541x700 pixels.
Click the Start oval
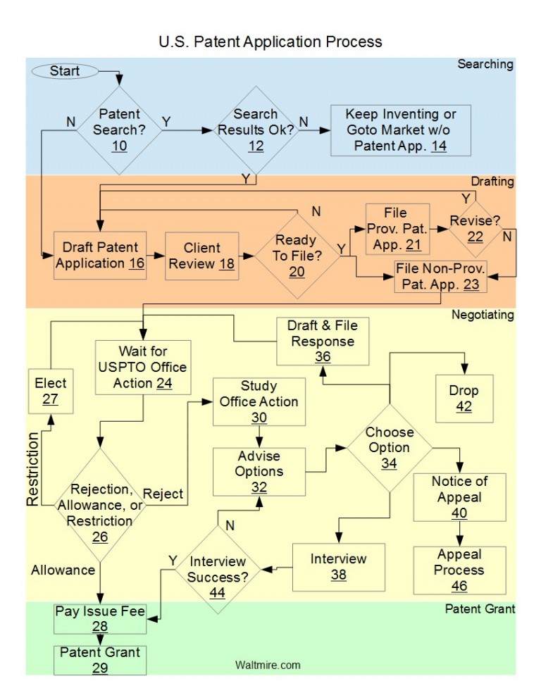click(x=64, y=70)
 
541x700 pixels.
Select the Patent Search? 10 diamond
click(x=119, y=130)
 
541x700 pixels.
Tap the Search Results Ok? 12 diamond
click(x=256, y=130)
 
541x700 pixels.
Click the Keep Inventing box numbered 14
click(x=401, y=130)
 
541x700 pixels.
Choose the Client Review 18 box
click(x=202, y=256)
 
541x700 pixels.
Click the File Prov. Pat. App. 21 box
click(x=396, y=227)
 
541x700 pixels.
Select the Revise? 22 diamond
click(x=475, y=229)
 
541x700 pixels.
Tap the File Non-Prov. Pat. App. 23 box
click(x=441, y=277)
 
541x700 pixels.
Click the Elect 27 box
click(x=51, y=392)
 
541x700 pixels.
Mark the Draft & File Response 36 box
click(x=322, y=342)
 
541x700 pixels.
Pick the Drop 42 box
click(x=464, y=399)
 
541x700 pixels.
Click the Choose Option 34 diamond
click(x=389, y=447)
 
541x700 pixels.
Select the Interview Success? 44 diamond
click(x=217, y=569)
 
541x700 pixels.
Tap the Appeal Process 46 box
click(x=459, y=569)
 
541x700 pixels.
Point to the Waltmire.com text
click(x=268, y=664)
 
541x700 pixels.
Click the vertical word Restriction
click(x=32, y=469)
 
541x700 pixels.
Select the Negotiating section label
click(x=483, y=315)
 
